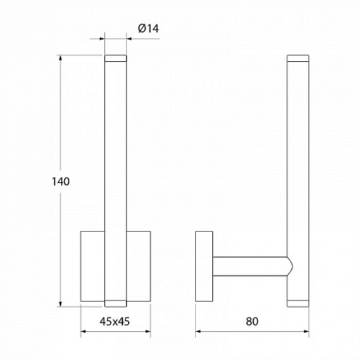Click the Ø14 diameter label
pyautogui.click(x=148, y=29)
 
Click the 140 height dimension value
pyautogui.click(x=60, y=181)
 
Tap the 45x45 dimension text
pyautogui.click(x=114, y=321)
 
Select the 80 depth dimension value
pyautogui.click(x=252, y=321)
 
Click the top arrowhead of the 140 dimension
pyautogui.click(x=60, y=58)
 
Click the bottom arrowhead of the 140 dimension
pyautogui.click(x=60, y=304)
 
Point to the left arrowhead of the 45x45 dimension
pyautogui.click(x=84, y=331)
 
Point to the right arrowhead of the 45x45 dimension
pyautogui.click(x=148, y=331)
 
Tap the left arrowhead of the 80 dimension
pyautogui.click(x=198, y=331)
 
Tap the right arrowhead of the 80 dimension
pyautogui.click(x=306, y=331)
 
